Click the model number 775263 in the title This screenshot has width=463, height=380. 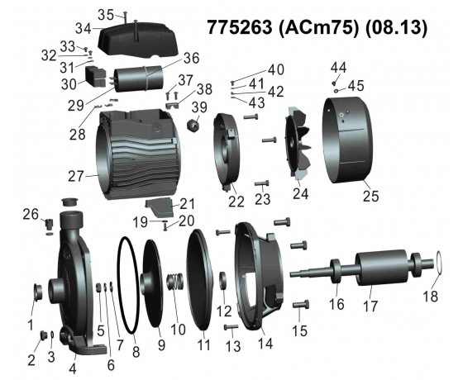pyautogui.click(x=239, y=27)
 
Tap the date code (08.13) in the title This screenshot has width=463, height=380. pyautogui.click(x=397, y=28)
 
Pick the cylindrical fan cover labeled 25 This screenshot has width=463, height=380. pyautogui.click(x=348, y=140)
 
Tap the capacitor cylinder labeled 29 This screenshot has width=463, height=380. pyautogui.click(x=139, y=78)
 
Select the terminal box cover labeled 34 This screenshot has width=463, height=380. pyautogui.click(x=137, y=39)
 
